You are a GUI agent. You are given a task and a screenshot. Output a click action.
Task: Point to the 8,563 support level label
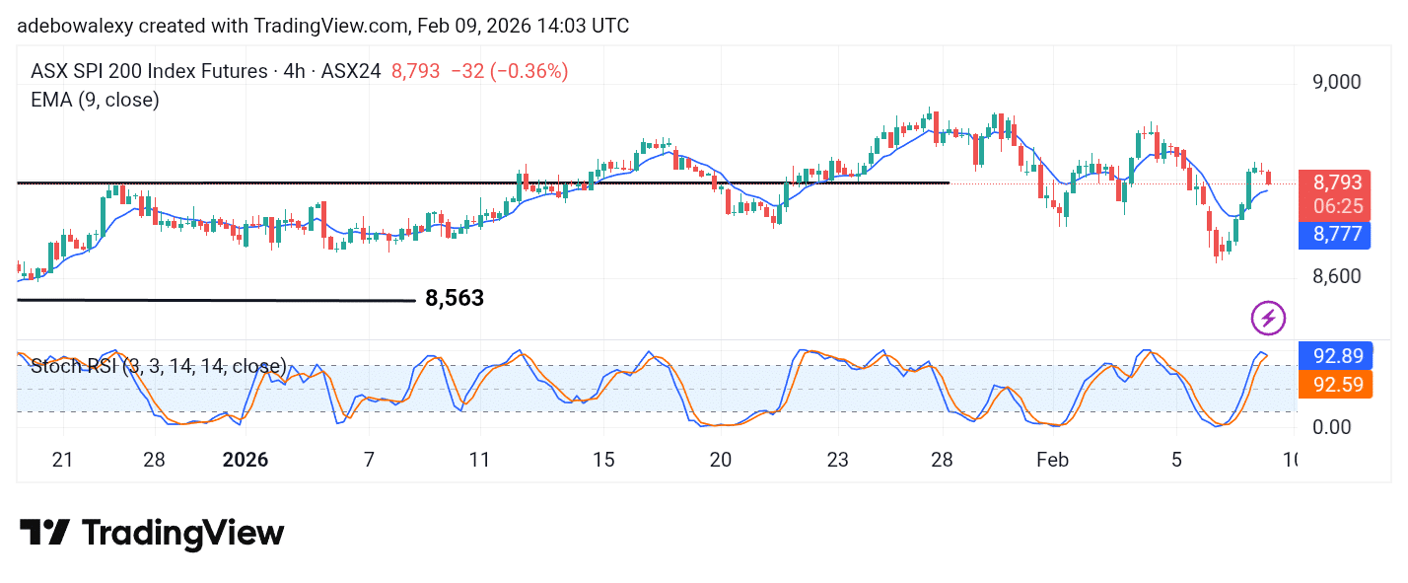tap(455, 298)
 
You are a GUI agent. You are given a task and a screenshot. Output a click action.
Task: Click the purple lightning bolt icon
tap(1268, 318)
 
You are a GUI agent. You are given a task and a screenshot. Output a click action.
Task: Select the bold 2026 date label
tap(246, 460)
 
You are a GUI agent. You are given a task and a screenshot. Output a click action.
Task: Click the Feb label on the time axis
tap(1052, 460)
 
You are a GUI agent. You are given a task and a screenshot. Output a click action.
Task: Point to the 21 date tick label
tap(63, 460)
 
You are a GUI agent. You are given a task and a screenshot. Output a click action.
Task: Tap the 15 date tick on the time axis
tap(603, 460)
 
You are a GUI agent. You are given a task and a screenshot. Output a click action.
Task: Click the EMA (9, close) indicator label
tap(95, 100)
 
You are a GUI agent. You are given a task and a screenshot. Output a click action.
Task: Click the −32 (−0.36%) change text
tap(510, 71)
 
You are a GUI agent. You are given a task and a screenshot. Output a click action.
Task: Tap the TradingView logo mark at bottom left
tap(45, 534)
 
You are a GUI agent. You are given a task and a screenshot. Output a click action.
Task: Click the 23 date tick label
tap(838, 460)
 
